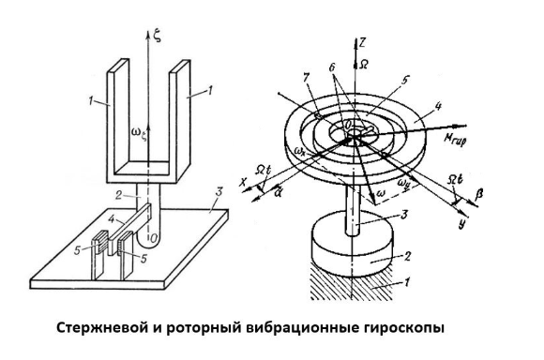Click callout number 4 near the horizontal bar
pos(112,219)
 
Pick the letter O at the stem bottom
pos(153,237)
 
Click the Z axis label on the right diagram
pos(362,43)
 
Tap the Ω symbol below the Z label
pos(363,65)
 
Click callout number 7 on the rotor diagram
pos(306,78)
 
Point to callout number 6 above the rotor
pos(332,68)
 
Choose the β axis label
pos(480,193)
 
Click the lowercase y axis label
pos(461,224)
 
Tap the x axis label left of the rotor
pos(245,182)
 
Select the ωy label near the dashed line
pos(404,181)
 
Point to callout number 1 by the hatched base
pos(408,281)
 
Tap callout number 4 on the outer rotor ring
pos(438,106)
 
